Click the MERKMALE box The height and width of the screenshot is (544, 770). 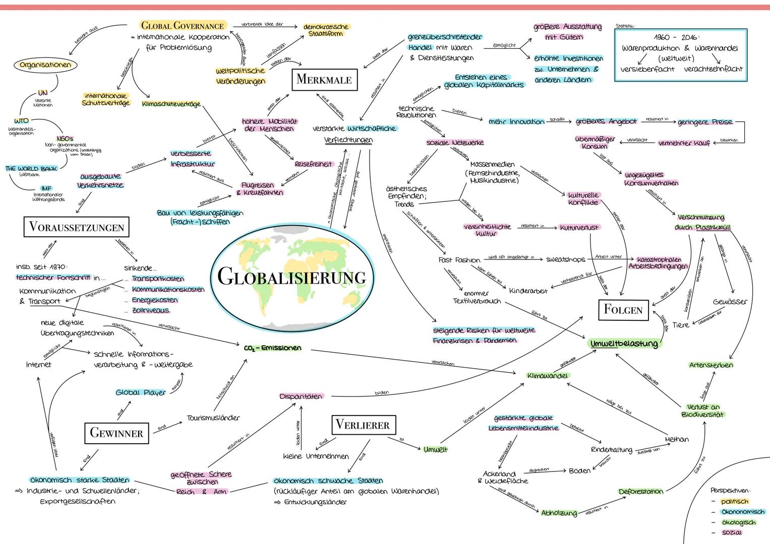click(324, 80)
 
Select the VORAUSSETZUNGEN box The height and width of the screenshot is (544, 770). click(77, 227)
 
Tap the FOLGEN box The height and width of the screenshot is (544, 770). click(623, 309)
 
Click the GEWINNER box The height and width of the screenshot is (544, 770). click(116, 433)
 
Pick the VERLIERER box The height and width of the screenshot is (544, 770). click(363, 425)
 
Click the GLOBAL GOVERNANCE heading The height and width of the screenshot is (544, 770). click(183, 25)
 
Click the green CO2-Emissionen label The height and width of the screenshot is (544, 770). click(272, 348)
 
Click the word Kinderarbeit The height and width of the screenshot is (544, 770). click(528, 291)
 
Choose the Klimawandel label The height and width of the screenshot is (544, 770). click(547, 376)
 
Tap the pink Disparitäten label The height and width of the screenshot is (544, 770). click(301, 396)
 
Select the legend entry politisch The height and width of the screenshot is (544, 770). click(734, 501)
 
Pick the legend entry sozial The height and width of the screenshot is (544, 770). click(732, 532)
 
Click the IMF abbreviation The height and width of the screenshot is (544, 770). click(46, 188)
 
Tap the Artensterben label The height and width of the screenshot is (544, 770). click(710, 365)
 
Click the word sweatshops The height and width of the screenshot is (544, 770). click(566, 259)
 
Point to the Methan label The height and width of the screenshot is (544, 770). click(677, 439)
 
